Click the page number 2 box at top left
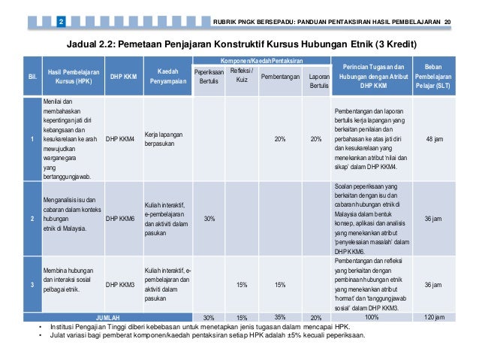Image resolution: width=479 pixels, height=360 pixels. pyautogui.click(x=61, y=19)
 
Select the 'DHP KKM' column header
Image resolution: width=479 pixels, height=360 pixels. pyautogui.click(x=120, y=77)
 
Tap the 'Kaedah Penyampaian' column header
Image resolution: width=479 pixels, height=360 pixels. pyautogui.click(x=167, y=77)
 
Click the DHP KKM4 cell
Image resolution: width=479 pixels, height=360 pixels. pyautogui.click(x=120, y=138)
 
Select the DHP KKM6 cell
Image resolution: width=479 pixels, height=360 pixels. pyautogui.click(x=120, y=219)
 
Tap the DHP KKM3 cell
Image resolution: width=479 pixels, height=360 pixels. pyautogui.click(x=120, y=285)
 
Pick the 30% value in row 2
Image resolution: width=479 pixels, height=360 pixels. pyautogui.click(x=209, y=219)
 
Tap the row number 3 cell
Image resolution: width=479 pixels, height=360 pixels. pyautogui.click(x=32, y=285)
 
